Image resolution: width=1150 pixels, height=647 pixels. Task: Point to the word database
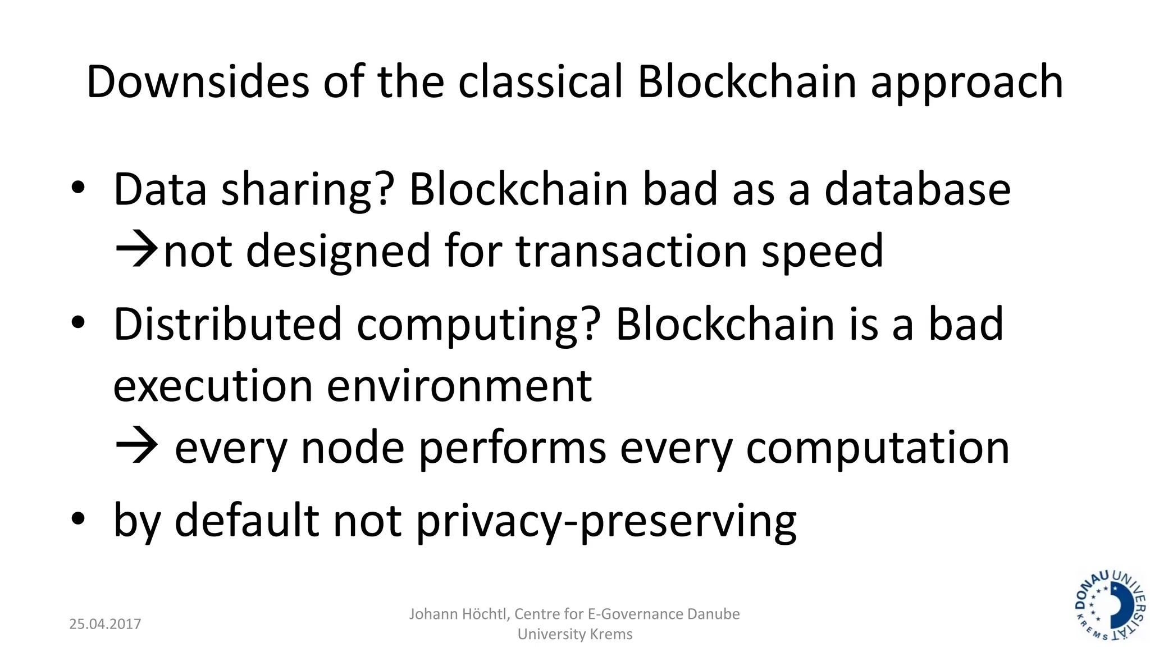click(918, 190)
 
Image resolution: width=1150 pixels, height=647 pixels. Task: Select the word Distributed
click(227, 324)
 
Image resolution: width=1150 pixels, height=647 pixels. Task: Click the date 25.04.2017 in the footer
click(105, 624)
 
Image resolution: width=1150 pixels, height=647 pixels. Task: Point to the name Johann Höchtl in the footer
click(459, 614)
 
